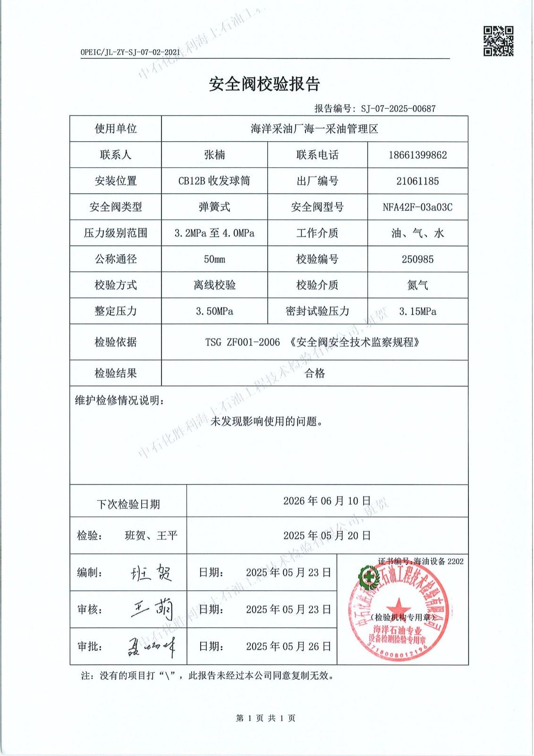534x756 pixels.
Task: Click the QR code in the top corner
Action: (498, 41)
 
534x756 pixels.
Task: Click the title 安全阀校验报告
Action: (264, 84)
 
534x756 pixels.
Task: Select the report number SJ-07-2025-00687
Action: (398, 109)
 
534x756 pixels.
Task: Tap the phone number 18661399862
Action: (417, 155)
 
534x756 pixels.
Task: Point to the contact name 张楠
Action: (214, 155)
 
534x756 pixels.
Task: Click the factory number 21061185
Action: (417, 181)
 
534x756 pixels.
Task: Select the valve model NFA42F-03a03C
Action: (417, 207)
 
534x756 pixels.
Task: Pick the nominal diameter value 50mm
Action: (214, 259)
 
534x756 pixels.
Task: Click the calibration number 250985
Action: (417, 259)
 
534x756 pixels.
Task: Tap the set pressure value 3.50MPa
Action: (214, 311)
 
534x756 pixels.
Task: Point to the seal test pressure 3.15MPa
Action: (417, 311)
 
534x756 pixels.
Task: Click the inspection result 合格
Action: (314, 373)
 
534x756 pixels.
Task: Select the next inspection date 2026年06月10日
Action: (327, 501)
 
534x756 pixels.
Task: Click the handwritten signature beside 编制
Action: (151, 573)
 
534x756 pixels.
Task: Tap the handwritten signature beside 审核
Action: (152, 610)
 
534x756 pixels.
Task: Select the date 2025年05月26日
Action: (288, 646)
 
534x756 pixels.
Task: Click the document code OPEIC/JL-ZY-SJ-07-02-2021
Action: (130, 52)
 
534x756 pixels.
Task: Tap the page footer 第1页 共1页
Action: (265, 718)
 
